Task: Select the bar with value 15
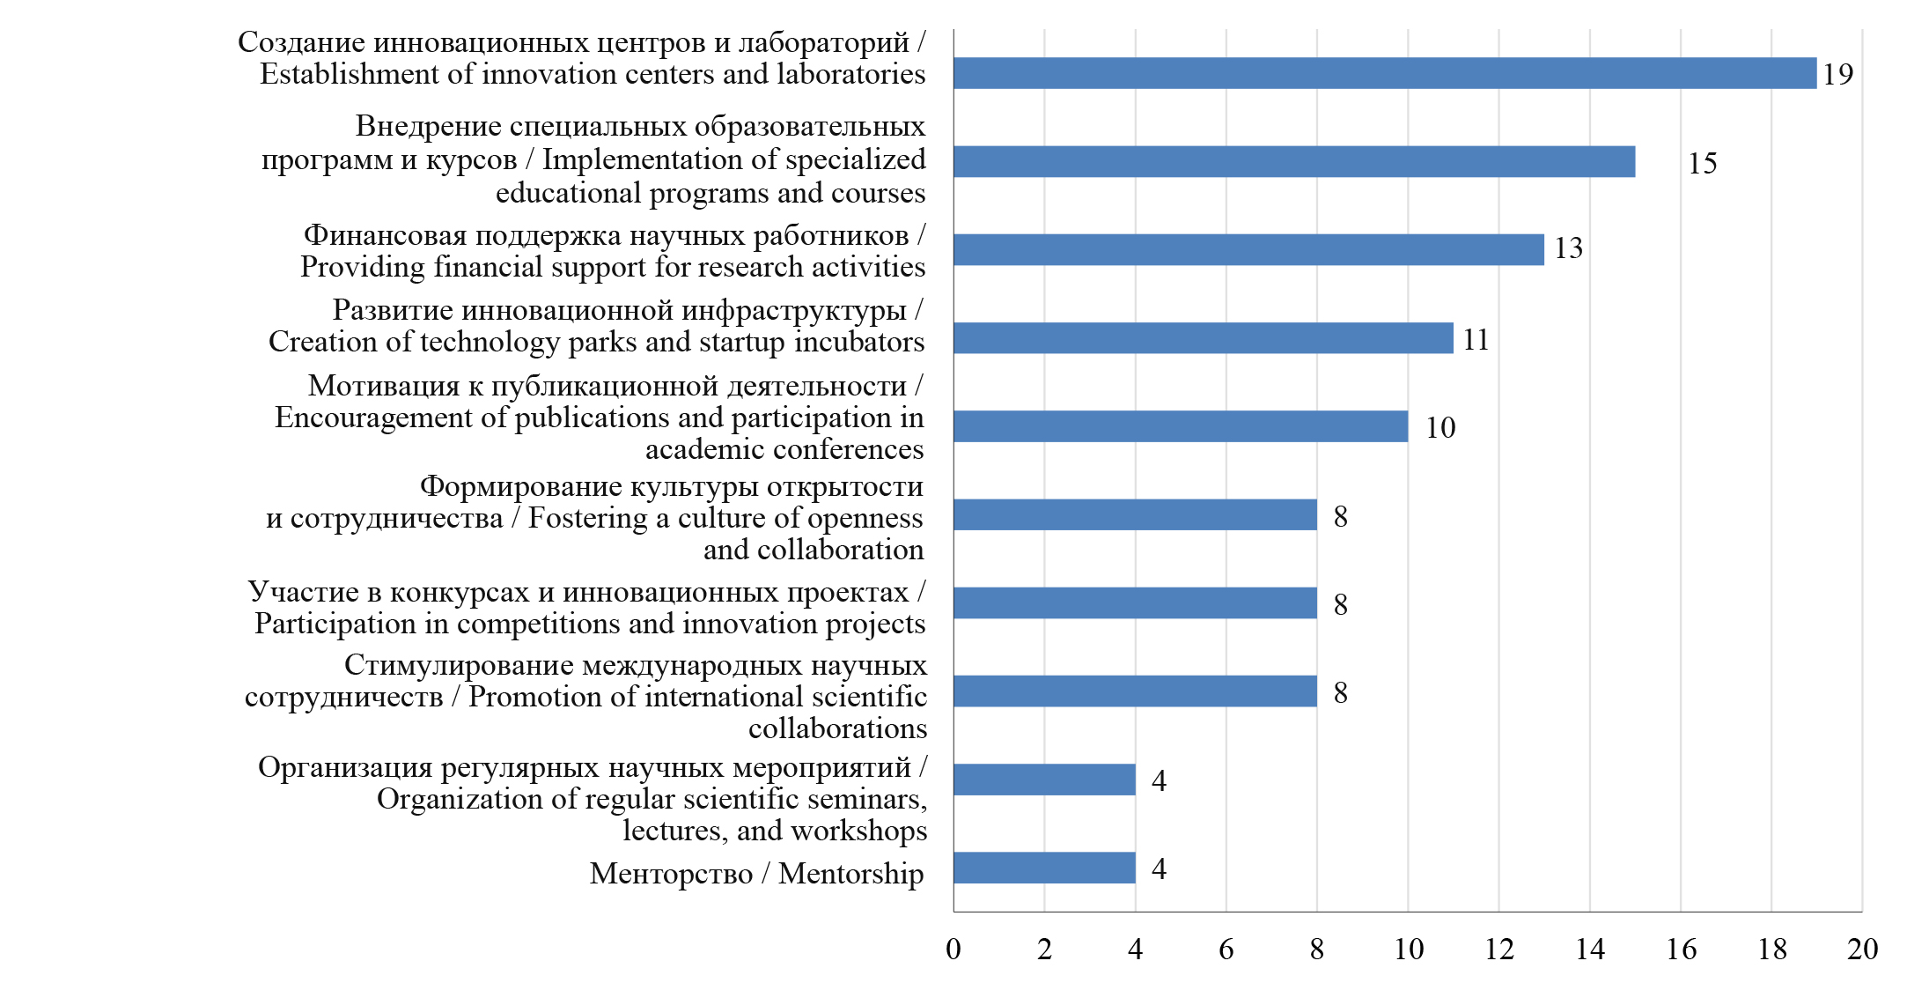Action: [1294, 162]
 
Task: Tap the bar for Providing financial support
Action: [1248, 249]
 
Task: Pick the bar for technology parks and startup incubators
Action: [1203, 338]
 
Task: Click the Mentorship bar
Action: [1044, 868]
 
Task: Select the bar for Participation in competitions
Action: [1135, 603]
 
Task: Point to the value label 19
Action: [1837, 75]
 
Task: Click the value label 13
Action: [1568, 248]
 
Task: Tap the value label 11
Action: [1476, 340]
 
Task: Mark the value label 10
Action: [1440, 428]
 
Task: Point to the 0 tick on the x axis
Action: [953, 950]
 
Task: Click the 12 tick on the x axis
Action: [1498, 950]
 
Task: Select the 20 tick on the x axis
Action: [1862, 950]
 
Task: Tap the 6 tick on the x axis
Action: [1226, 950]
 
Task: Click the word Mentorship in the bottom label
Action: [850, 874]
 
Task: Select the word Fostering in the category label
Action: [587, 519]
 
